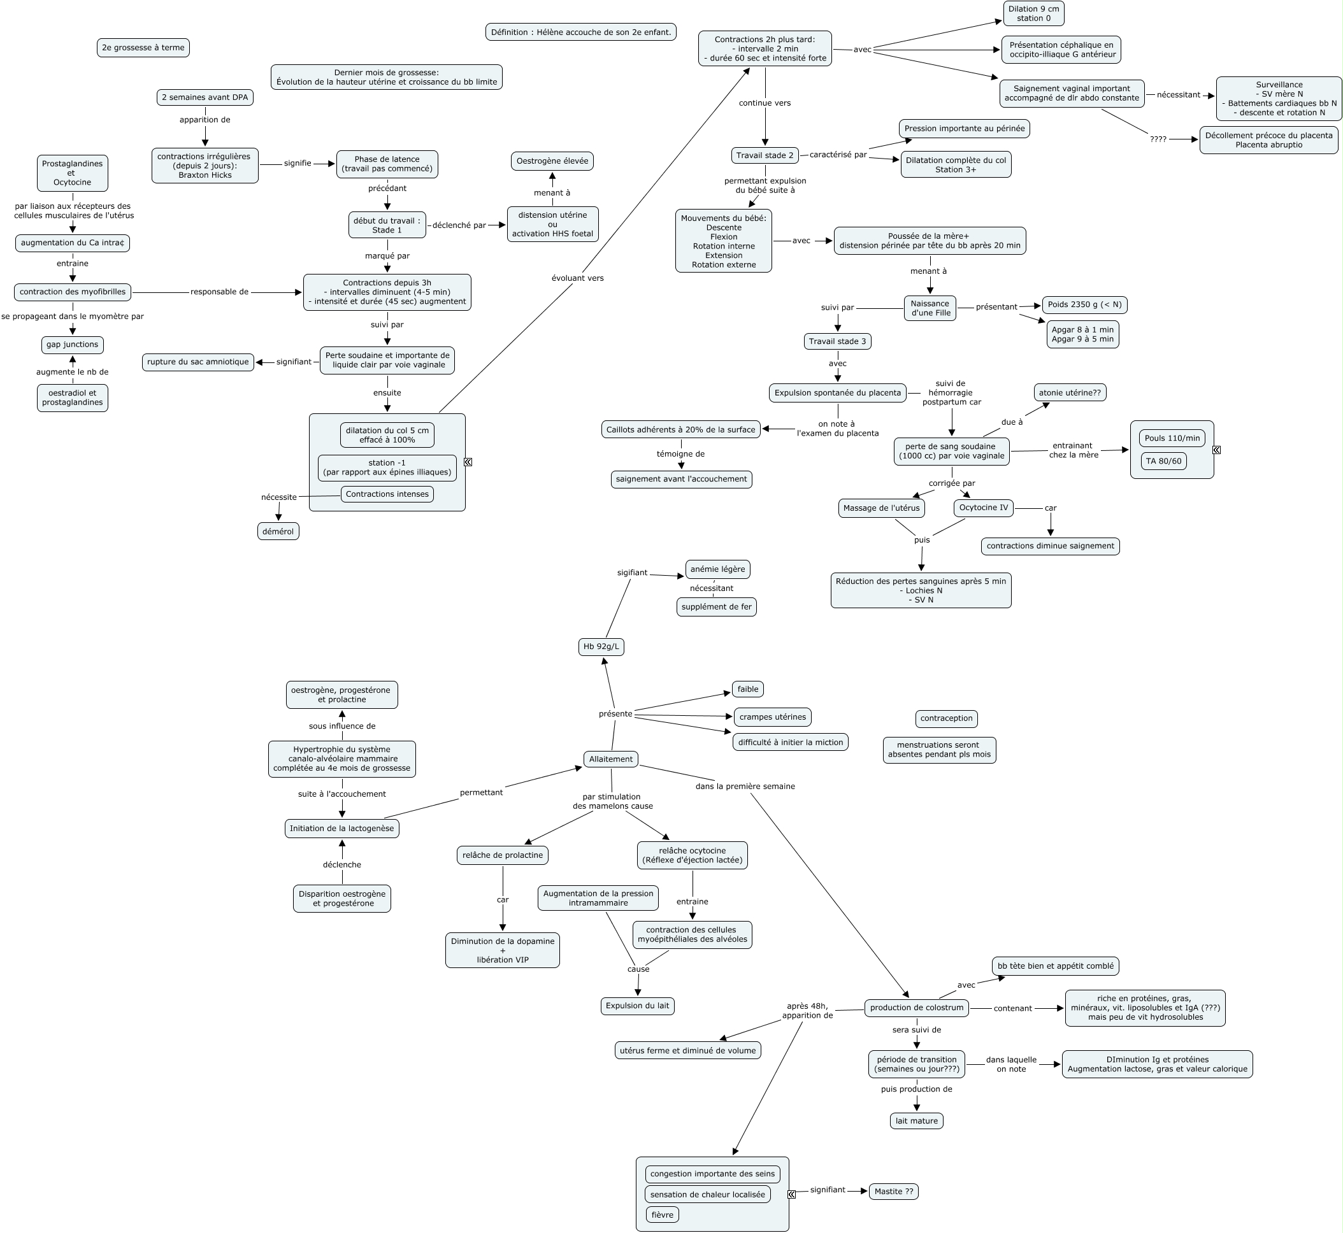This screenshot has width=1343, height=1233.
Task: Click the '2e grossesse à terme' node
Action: coord(143,47)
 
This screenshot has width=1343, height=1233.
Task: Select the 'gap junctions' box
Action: coord(72,345)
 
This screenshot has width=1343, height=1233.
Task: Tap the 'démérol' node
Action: coord(278,531)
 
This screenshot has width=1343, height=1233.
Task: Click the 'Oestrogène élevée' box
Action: coord(552,160)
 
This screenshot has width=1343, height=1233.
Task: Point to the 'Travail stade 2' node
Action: coord(765,155)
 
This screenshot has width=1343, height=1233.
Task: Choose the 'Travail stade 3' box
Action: coord(837,341)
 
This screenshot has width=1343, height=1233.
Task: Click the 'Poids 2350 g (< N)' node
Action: coord(1084,304)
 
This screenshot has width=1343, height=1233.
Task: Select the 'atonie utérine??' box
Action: coord(1069,392)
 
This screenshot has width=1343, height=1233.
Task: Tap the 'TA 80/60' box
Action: coord(1163,461)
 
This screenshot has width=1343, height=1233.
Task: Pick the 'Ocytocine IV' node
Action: coord(983,508)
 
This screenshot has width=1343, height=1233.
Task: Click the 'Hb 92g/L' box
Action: coord(601,646)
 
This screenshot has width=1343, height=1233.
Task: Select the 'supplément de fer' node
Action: coord(716,606)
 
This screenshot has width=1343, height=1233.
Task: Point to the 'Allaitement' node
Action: coord(610,759)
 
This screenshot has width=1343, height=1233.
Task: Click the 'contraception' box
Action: coord(946,718)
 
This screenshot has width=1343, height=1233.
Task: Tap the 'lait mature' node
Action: coord(916,1121)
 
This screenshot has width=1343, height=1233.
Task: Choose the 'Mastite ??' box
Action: coord(893,1191)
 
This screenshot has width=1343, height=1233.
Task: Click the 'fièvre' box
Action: coord(661,1215)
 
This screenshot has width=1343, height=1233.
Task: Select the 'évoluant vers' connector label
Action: coord(577,278)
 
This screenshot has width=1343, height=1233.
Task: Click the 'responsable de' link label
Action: coord(219,292)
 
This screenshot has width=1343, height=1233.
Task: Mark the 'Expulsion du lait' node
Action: coord(637,1006)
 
